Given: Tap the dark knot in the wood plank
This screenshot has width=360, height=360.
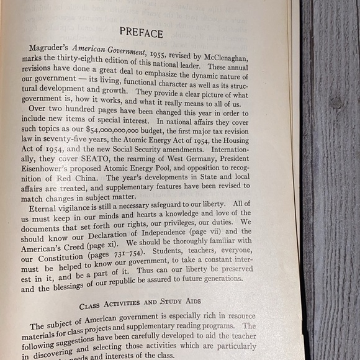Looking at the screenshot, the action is [336, 102].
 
